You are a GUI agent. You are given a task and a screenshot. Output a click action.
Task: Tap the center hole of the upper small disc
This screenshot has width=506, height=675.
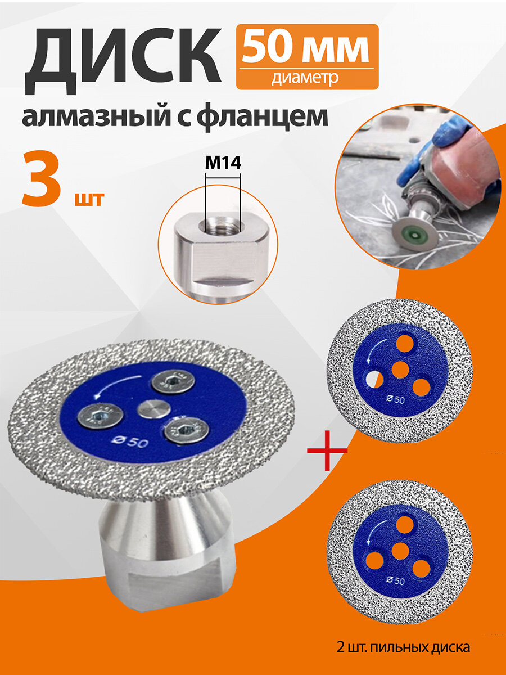(x=400, y=370)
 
